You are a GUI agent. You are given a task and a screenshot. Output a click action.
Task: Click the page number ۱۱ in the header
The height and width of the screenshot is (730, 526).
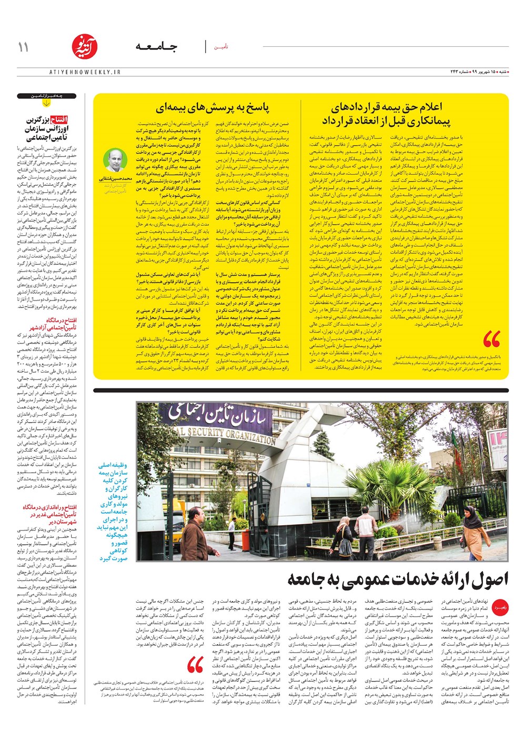coord(23,47)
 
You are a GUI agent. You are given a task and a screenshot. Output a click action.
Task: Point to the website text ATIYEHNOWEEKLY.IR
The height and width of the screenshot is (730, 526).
coord(85,72)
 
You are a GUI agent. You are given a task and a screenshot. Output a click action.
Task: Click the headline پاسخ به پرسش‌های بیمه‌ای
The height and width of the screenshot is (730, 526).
coord(213,108)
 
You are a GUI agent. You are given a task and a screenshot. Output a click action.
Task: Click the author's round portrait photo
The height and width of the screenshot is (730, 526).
coord(115,161)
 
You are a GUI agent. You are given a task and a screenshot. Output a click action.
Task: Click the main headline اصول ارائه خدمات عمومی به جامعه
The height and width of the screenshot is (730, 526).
coord(398,579)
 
